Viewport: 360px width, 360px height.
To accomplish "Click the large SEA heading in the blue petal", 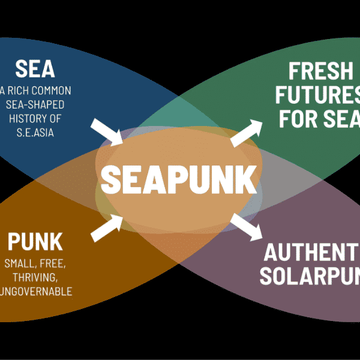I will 35,69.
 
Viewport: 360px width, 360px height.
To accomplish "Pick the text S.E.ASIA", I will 35,132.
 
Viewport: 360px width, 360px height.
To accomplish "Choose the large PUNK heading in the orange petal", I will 35,242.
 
